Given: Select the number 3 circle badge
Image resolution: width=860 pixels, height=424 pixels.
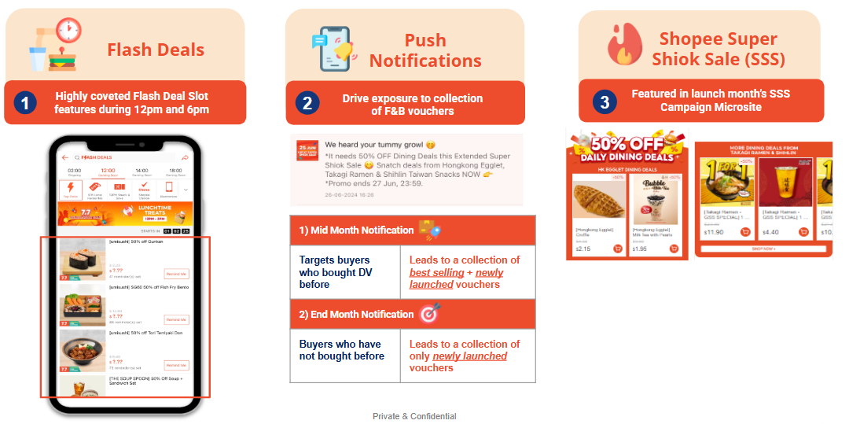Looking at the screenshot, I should click(x=604, y=101).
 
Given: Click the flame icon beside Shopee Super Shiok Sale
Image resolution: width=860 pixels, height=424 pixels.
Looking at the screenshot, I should click(x=624, y=46).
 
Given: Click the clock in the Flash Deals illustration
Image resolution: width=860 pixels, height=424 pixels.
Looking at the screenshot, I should click(x=68, y=31).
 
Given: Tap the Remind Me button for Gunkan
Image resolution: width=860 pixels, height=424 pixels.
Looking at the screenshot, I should click(x=176, y=274).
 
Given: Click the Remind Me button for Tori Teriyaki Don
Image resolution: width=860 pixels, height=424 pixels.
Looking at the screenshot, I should click(x=176, y=365).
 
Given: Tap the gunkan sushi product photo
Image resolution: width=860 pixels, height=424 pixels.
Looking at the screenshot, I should click(x=83, y=258).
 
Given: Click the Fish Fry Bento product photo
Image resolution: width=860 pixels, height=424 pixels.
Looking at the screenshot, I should click(x=83, y=304).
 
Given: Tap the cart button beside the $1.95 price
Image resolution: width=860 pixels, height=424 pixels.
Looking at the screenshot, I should click(x=675, y=249).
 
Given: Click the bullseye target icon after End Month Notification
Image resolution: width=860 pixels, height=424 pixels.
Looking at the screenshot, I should click(x=429, y=312).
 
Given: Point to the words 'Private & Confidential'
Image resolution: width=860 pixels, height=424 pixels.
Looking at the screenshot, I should click(x=414, y=416).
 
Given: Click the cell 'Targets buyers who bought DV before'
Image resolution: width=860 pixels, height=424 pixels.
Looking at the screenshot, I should click(x=344, y=271).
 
